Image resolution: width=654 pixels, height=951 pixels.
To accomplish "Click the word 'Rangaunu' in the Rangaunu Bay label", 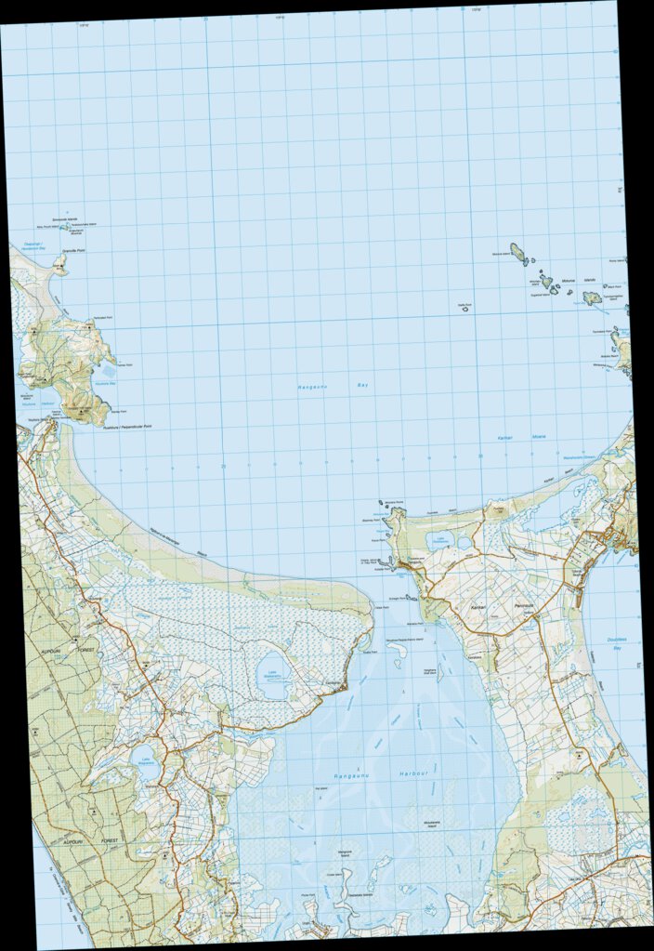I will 311,387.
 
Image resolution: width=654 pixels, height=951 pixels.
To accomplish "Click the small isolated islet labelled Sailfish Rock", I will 465,308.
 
